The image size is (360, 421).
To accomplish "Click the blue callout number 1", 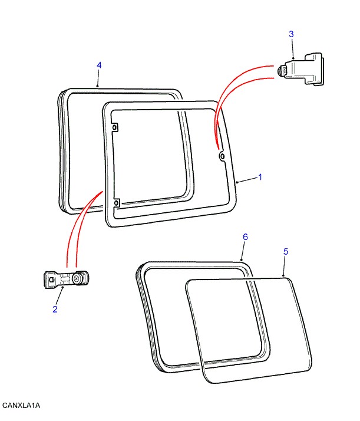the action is pyautogui.click(x=260, y=177).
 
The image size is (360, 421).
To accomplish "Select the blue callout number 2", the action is pyautogui.click(x=55, y=309).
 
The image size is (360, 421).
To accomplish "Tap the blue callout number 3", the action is pyautogui.click(x=291, y=34).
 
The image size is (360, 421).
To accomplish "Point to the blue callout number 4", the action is pyautogui.click(x=99, y=65).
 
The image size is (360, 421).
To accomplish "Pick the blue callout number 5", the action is pyautogui.click(x=286, y=252).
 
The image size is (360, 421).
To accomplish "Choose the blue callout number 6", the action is pyautogui.click(x=245, y=237).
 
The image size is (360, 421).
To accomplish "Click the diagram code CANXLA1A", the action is pyautogui.click(x=21, y=405).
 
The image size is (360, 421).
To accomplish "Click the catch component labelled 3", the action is pyautogui.click(x=300, y=69).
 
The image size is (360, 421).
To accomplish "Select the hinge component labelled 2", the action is pyautogui.click(x=66, y=279).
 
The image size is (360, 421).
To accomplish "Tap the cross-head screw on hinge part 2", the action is pyautogui.click(x=76, y=279).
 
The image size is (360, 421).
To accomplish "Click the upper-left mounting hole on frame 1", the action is pyautogui.click(x=115, y=128).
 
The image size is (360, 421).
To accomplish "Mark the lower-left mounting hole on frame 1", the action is pyautogui.click(x=117, y=203).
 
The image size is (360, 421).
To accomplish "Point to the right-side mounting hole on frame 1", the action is pyautogui.click(x=222, y=156).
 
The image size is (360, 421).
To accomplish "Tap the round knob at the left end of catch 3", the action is pyautogui.click(x=281, y=71).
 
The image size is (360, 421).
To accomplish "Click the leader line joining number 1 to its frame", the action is pyautogui.click(x=247, y=180).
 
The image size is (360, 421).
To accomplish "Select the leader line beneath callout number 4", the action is pyautogui.click(x=98, y=78).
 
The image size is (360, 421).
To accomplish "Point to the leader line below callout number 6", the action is pyautogui.click(x=243, y=251).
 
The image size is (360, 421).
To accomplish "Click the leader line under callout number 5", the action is pyautogui.click(x=284, y=266).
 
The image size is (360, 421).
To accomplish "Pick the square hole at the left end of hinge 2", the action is pyautogui.click(x=51, y=279).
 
